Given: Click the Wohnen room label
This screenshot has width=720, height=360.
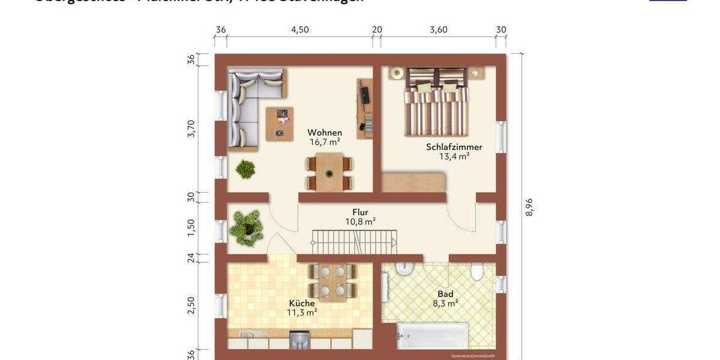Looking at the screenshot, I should (x=325, y=133).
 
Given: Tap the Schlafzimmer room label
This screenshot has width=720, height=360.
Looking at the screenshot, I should (x=454, y=147).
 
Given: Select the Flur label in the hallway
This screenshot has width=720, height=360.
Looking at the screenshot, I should (x=360, y=212).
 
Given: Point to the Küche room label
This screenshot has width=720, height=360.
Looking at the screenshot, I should (x=302, y=304).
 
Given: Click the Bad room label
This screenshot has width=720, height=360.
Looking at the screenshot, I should (x=445, y=294).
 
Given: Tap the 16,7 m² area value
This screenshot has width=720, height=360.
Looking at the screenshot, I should (x=325, y=142).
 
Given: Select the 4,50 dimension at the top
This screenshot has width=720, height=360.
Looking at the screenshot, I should (x=299, y=30).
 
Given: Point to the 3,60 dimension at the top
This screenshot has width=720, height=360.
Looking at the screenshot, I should (x=439, y=30).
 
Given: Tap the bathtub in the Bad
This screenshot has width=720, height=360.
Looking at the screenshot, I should (x=432, y=336).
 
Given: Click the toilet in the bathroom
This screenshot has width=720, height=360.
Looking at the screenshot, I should (x=478, y=272).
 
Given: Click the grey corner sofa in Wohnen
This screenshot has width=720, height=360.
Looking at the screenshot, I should (x=249, y=102).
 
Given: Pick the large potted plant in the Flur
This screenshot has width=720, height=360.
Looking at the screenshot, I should (x=247, y=227).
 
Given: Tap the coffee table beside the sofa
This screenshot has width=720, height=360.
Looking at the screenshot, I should (x=280, y=123).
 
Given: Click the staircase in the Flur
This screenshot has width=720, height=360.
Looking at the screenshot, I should (x=355, y=242).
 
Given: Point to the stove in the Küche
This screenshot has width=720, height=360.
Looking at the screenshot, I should (x=298, y=340).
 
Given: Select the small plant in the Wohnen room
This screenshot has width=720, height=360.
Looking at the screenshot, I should (x=245, y=169).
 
